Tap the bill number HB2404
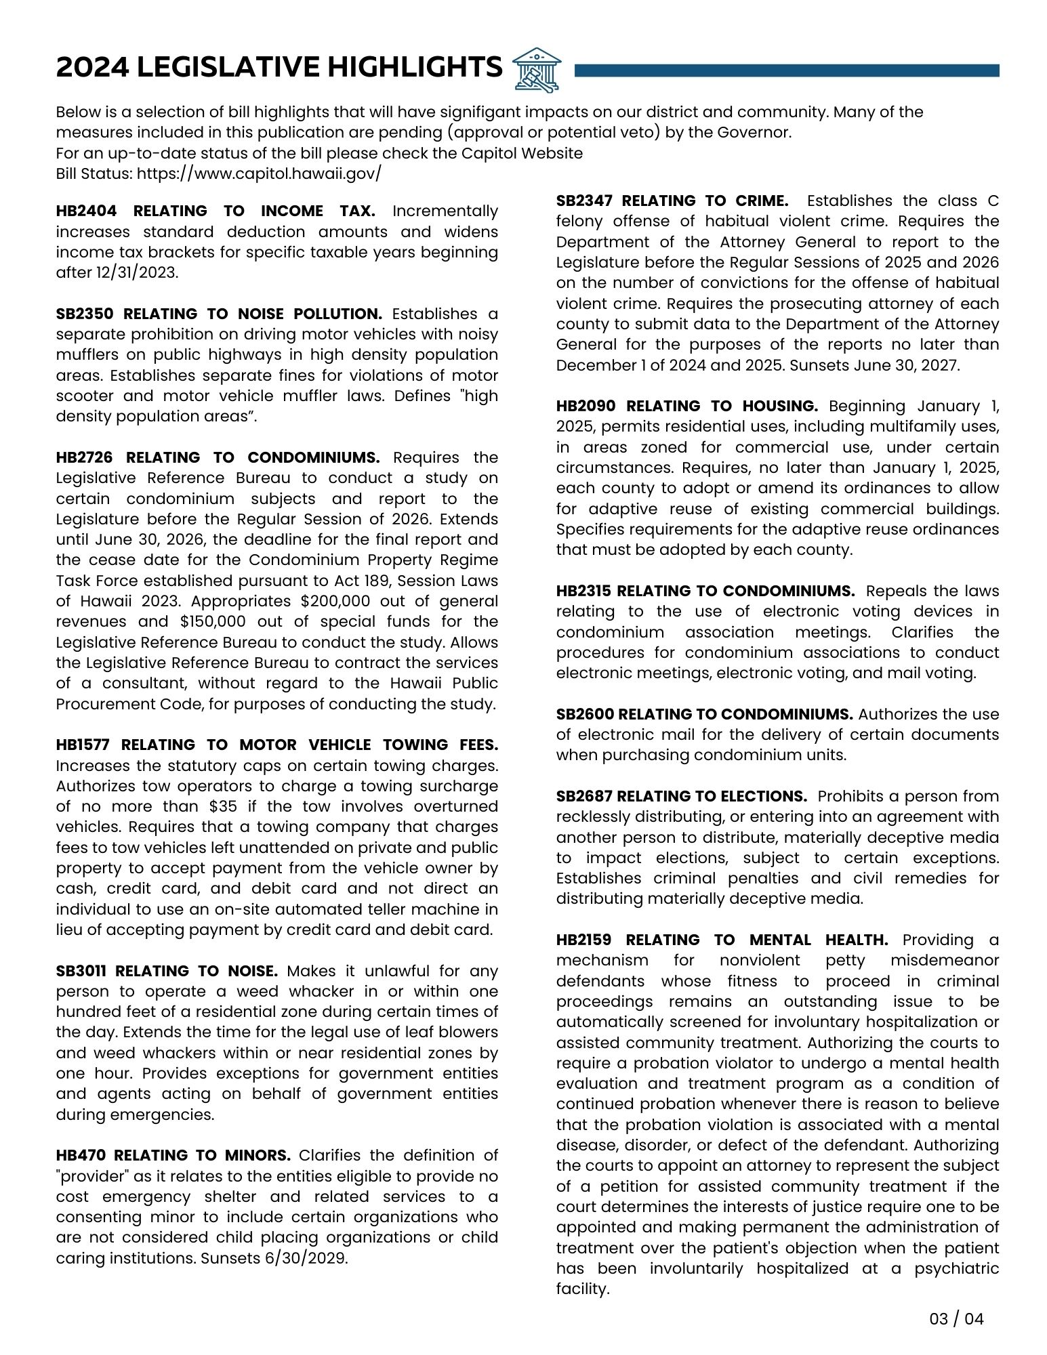point(84,211)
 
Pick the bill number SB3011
point(81,971)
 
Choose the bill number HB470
point(80,1155)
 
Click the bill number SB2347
point(584,201)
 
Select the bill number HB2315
point(583,591)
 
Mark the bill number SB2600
point(583,714)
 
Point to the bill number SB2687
point(583,796)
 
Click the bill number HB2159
point(584,940)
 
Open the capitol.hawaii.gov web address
point(259,173)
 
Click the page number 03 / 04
point(956,1318)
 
